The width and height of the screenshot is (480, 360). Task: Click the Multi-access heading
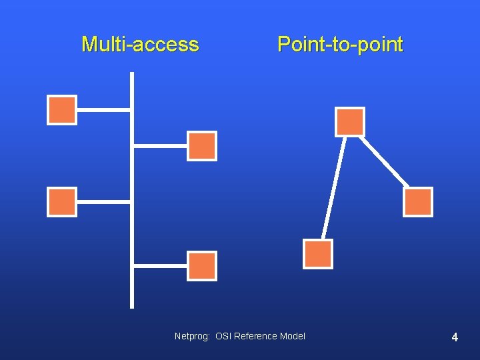[140, 45]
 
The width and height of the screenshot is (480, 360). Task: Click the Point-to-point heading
[340, 45]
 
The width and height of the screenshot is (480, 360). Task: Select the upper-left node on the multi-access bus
[62, 110]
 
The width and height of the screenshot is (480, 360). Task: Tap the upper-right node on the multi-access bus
[202, 146]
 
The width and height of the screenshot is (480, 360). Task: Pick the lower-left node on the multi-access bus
[62, 202]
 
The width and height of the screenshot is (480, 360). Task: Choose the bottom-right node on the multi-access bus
[202, 265]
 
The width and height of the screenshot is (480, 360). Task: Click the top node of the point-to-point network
[350, 122]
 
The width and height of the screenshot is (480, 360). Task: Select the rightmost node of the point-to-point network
[418, 202]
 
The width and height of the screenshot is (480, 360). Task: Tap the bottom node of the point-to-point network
[318, 254]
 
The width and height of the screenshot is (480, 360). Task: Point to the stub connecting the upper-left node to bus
[103, 110]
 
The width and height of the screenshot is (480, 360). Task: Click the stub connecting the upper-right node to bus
[160, 145]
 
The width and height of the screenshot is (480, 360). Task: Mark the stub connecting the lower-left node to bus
[103, 201]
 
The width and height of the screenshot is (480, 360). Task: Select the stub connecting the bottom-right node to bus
[160, 265]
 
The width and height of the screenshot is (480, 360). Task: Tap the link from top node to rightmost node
[385, 162]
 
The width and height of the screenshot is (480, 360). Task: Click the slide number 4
[455, 337]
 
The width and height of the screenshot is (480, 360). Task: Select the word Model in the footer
[292, 336]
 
